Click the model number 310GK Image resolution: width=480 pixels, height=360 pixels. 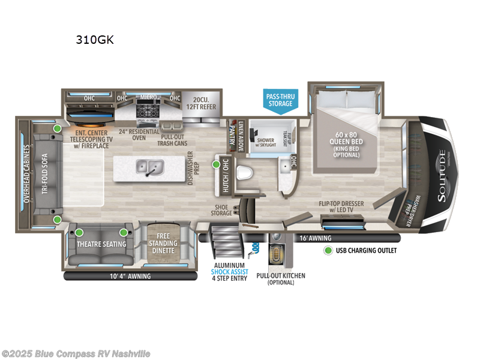point(94,41)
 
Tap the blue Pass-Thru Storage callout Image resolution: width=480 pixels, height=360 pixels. point(280,100)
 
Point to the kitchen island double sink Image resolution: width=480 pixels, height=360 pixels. point(147,166)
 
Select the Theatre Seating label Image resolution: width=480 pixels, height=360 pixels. point(101,244)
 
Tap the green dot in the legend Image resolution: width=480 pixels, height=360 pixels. point(328,250)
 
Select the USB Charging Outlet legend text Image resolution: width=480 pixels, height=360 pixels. point(367,250)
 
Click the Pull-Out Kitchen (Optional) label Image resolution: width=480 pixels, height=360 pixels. point(280,279)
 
